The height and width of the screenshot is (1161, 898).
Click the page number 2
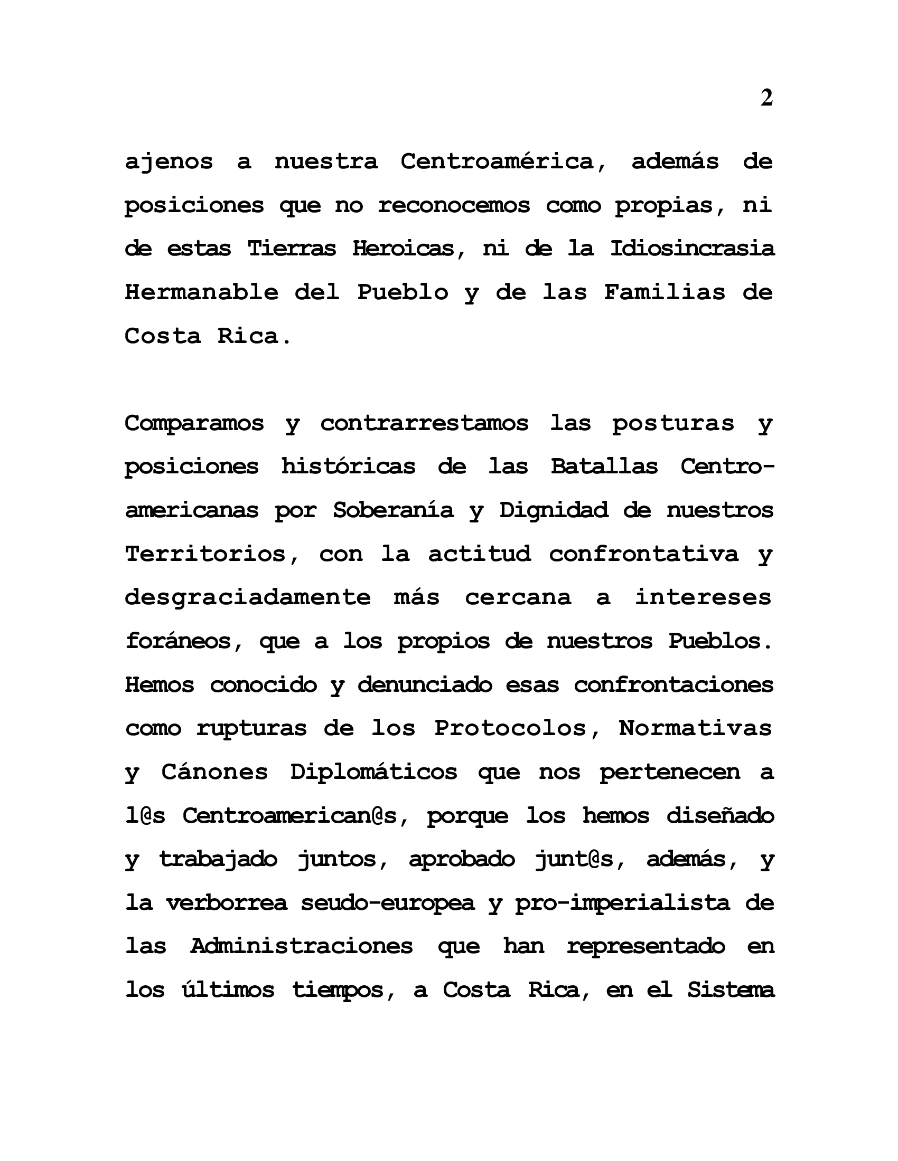pyautogui.click(x=766, y=98)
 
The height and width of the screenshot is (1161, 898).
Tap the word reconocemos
pyautogui.click(x=454, y=205)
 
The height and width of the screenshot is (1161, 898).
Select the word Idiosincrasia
pyautogui.click(x=691, y=249)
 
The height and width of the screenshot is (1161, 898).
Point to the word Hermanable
pyautogui.click(x=201, y=292)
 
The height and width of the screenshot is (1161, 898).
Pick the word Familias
pyautogui.click(x=664, y=292)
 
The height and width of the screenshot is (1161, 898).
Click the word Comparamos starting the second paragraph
pyautogui.click(x=194, y=424)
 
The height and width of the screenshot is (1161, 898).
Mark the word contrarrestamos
pyautogui.click(x=424, y=424)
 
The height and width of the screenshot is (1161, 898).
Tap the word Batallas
pyautogui.click(x=604, y=467)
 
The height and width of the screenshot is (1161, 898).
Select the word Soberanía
pyautogui.click(x=393, y=510)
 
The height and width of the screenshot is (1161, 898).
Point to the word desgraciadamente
pyautogui.click(x=247, y=597)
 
